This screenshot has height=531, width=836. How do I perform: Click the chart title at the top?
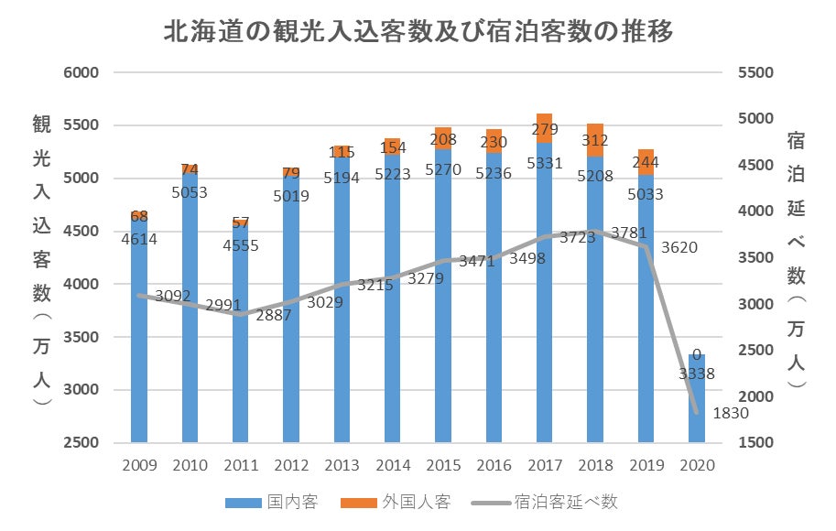click(418, 33)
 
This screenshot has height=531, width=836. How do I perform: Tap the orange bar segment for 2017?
click(545, 128)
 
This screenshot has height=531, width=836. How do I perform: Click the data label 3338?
click(697, 373)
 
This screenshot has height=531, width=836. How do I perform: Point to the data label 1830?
click(731, 413)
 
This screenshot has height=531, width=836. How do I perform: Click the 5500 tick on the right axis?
click(755, 72)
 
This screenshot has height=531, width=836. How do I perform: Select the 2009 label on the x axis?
click(140, 465)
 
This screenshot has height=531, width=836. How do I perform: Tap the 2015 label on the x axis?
click(443, 465)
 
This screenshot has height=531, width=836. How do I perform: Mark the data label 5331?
click(545, 163)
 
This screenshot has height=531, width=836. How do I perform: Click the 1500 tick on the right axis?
click(755, 443)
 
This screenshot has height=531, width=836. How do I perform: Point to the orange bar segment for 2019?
click(646, 161)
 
